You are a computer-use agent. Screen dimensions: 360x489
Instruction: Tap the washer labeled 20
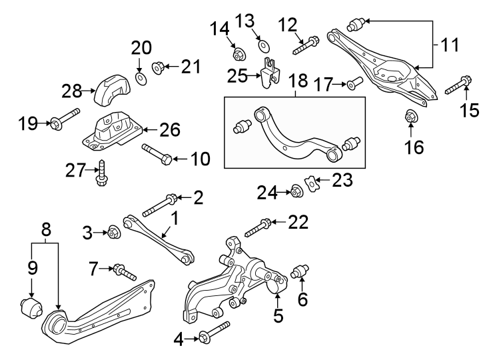[140, 79]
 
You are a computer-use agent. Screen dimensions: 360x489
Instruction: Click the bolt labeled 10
[159, 154]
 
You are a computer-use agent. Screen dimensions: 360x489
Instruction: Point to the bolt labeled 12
[306, 45]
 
